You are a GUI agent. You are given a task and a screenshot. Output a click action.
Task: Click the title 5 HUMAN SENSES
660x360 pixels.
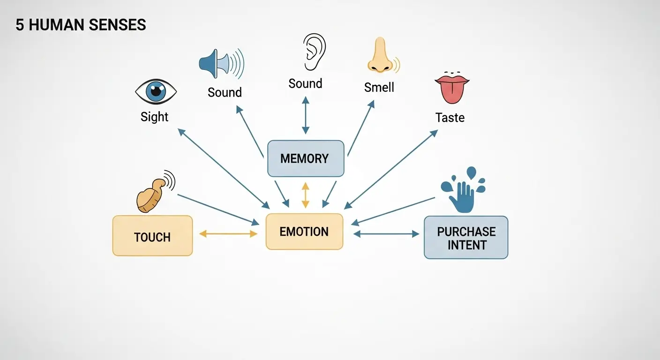tap(81, 25)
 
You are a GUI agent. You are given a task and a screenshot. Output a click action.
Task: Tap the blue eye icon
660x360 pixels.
tap(156, 91)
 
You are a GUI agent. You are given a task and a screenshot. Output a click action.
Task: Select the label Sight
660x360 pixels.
tap(154, 117)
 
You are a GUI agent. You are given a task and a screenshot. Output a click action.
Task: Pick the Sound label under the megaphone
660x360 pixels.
tap(225, 92)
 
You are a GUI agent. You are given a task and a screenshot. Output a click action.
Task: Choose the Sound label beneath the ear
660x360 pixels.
tap(305, 84)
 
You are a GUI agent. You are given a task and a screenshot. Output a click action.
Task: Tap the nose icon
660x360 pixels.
tap(381, 56)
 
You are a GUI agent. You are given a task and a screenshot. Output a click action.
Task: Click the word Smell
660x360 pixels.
tap(379, 87)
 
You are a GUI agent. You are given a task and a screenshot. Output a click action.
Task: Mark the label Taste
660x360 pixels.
tap(450, 117)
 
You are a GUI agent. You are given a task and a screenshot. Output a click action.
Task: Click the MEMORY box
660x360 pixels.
tap(305, 158)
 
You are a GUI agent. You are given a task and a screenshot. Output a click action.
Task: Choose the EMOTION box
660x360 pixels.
tap(304, 232)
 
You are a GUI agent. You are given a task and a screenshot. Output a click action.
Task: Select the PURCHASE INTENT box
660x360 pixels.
tap(466, 238)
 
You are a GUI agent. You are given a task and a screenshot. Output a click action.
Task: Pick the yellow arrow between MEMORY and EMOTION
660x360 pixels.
tap(306, 195)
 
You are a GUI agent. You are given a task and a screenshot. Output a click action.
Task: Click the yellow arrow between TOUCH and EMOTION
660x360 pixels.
tap(228, 233)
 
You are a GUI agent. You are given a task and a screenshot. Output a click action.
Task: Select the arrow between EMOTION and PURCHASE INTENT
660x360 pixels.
tap(386, 233)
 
